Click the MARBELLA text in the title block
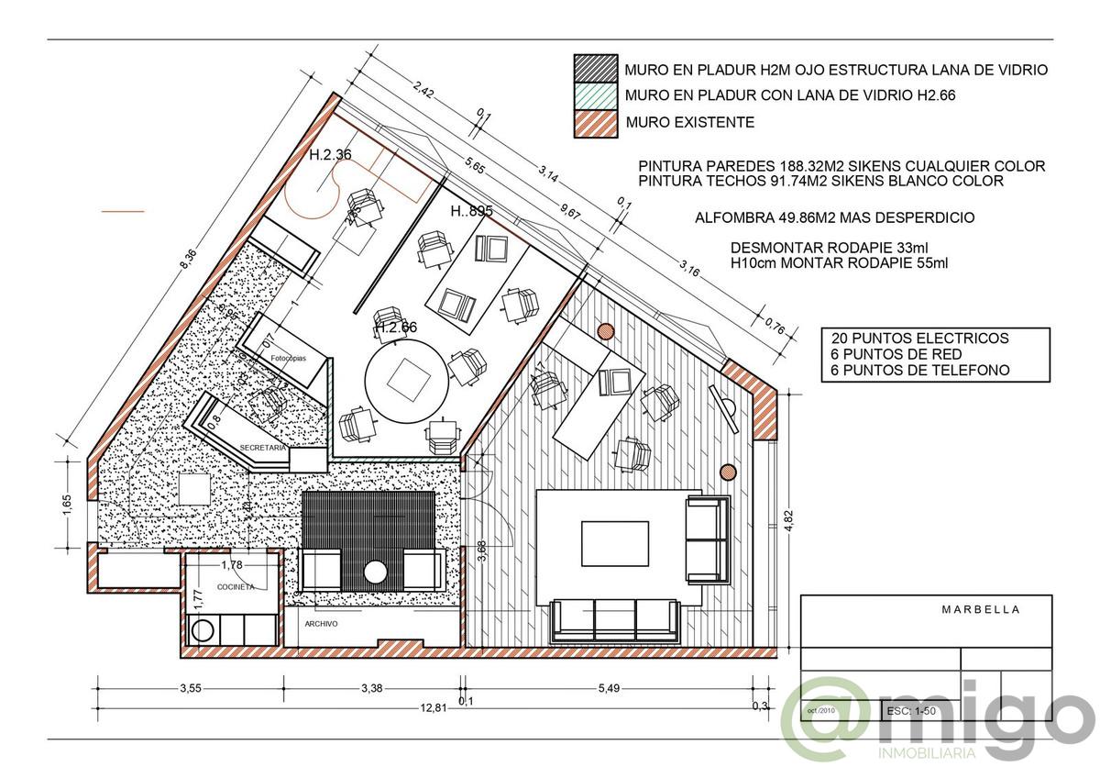coord(980,609)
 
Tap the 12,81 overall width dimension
coord(434,707)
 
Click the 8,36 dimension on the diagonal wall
coord(188,261)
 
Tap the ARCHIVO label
coord(322,624)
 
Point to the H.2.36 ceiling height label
coord(330,155)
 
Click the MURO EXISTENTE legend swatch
coord(594,121)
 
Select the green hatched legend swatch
coord(594,94)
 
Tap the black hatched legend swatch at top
coord(594,69)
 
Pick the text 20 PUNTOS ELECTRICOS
coord(918,338)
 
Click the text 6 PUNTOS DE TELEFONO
coord(920,370)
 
